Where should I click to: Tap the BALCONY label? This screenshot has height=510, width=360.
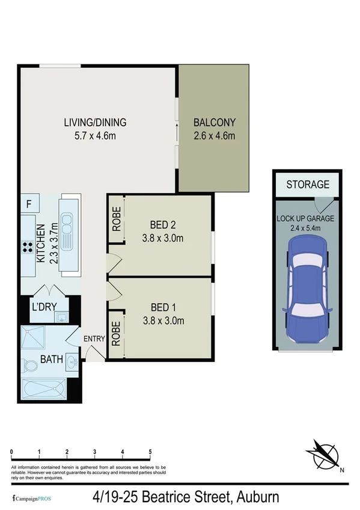(x=214, y=123)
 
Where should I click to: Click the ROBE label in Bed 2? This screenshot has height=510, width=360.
(x=117, y=221)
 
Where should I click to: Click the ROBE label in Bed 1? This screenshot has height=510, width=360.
(x=117, y=331)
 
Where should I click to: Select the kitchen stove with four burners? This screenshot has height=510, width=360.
(x=28, y=245)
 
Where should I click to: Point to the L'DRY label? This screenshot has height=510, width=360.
(x=44, y=307)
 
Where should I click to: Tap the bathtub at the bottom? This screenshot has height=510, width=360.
(x=45, y=390)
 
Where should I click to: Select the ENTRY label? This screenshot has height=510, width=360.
(x=94, y=339)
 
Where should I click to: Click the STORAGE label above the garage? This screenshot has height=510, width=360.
(x=308, y=185)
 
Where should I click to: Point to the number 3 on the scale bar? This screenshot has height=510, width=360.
(x=95, y=451)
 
